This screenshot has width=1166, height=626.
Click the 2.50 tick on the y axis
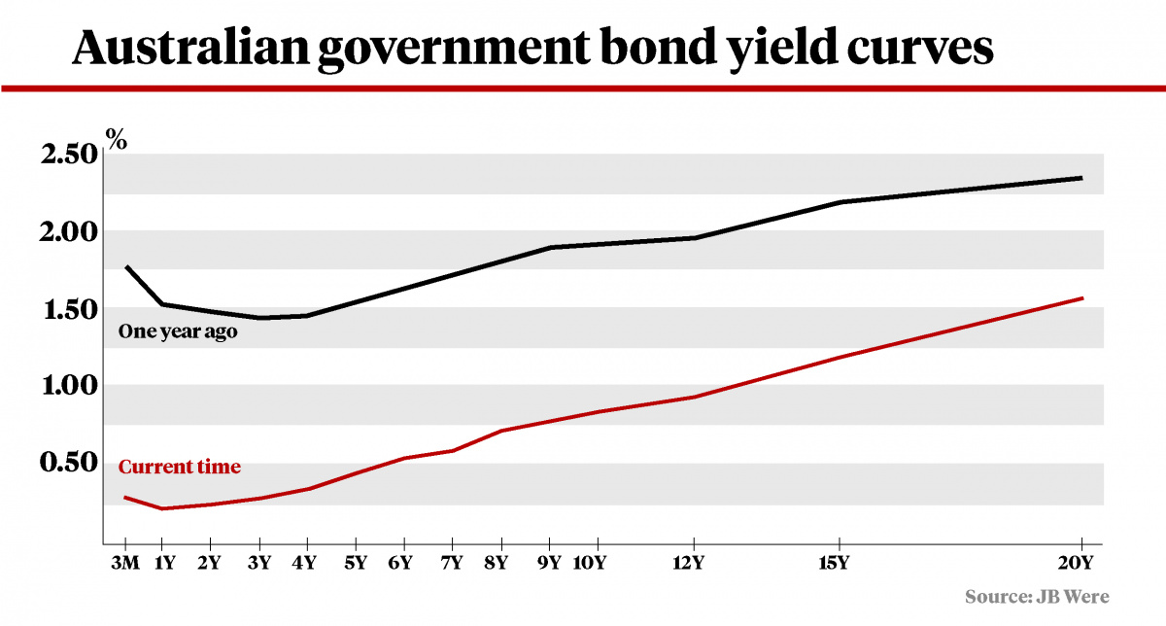tap(69, 155)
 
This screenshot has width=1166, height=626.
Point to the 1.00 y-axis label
tap(69, 386)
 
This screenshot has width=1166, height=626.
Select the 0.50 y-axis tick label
tap(69, 463)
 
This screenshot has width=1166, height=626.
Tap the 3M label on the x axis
tap(126, 563)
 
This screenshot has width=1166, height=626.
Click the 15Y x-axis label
tap(835, 563)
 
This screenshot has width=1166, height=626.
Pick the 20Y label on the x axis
tap(1080, 563)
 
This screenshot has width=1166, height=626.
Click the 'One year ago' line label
tap(178, 331)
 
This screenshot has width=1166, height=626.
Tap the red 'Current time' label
tap(179, 468)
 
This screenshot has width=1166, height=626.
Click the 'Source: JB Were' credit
tap(1037, 596)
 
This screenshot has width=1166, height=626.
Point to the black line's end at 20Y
tap(1081, 178)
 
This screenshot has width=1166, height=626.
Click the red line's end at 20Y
tap(1081, 298)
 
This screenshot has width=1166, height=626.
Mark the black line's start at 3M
tap(126, 266)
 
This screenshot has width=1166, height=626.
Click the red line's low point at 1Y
tap(161, 508)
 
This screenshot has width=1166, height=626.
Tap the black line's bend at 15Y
tap(839, 202)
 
